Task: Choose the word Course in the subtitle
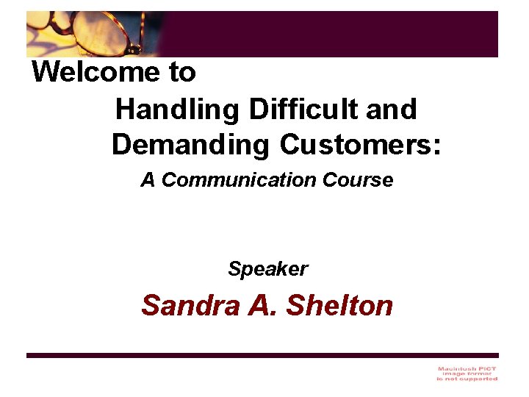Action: tap(358, 180)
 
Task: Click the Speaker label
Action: tap(267, 269)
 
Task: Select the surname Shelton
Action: tap(339, 305)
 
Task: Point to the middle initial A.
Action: tap(262, 305)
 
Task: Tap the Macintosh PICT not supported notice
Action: tap(467, 373)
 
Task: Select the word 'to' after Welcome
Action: tap(184, 73)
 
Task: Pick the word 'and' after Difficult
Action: tap(391, 110)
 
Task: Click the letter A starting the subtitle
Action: tap(148, 180)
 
